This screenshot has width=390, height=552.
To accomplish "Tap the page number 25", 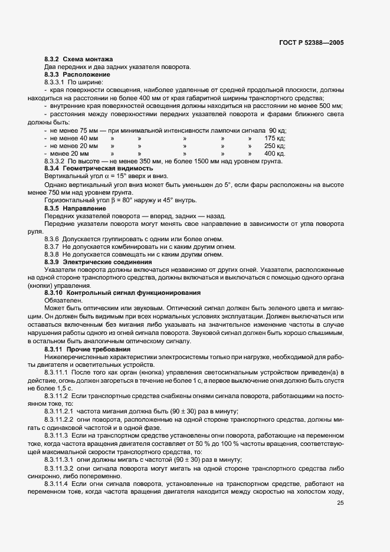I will [340, 503].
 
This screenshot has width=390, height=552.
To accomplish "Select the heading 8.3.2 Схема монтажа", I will [78, 60].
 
